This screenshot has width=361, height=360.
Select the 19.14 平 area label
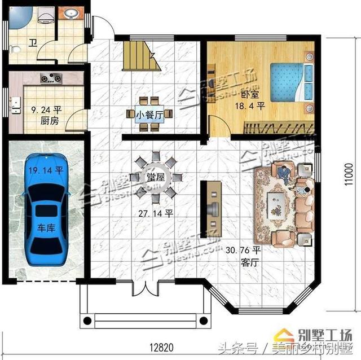point(43,169)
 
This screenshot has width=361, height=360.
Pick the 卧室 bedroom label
point(250,95)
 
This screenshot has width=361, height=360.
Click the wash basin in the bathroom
point(72,14)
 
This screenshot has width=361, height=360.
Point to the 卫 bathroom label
point(33,42)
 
